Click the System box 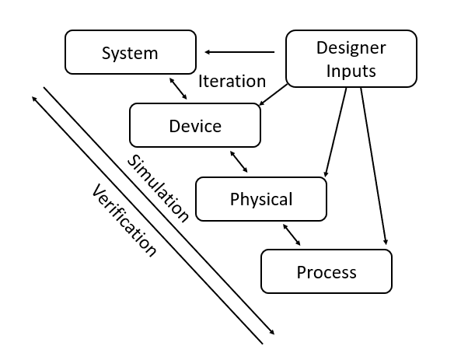point(131,52)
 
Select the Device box point(195,125)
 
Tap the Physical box point(261,199)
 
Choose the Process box point(327,271)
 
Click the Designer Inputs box point(351,58)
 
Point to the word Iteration point(232,81)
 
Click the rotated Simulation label point(158,188)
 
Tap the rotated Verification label point(124,220)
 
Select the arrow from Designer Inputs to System point(239,52)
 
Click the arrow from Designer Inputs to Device point(274,94)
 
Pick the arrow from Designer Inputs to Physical point(336,132)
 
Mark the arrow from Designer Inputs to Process point(373,166)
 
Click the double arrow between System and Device point(178,89)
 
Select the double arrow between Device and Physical point(239,162)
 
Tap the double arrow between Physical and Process point(292,235)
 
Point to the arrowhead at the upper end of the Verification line point(34,99)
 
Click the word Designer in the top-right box point(351,48)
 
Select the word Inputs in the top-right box point(351,71)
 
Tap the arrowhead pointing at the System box point(208,52)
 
